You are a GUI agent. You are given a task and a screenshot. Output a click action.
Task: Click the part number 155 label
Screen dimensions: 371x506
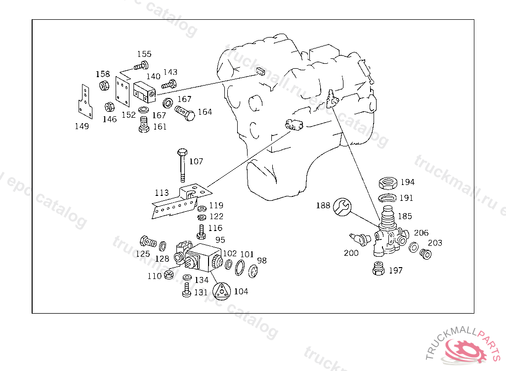(144, 54)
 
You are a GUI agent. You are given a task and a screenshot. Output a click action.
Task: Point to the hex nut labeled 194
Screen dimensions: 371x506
(388, 184)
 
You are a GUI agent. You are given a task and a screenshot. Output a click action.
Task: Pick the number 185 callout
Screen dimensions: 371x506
(405, 216)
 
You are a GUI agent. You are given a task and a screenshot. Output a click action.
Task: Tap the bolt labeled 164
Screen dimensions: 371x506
(186, 113)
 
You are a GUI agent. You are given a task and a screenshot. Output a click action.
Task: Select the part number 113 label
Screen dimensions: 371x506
(162, 192)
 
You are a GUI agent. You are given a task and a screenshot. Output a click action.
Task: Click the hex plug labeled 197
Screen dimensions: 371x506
(378, 269)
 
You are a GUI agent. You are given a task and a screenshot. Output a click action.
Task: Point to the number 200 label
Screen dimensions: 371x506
(351, 253)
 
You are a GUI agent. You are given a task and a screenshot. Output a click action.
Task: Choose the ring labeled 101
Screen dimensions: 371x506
(240, 267)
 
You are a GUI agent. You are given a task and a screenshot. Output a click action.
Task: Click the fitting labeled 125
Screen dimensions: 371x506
(148, 242)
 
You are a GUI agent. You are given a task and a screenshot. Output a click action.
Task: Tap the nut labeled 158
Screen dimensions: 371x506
(104, 86)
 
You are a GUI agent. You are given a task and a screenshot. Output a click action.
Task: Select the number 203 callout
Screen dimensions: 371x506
(435, 243)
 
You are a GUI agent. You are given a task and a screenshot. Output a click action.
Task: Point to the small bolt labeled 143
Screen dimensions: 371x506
(169, 84)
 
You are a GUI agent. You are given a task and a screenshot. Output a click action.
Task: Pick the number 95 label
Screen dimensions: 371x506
(220, 240)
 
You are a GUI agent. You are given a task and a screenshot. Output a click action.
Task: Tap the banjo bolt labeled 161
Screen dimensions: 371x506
(144, 125)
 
